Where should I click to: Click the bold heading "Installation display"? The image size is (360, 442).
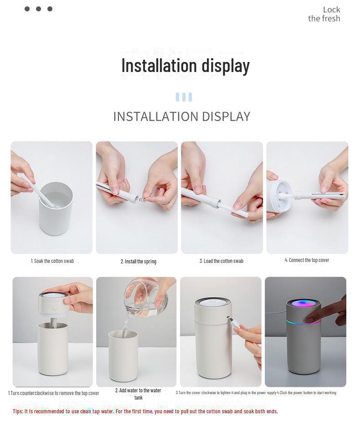[185, 66]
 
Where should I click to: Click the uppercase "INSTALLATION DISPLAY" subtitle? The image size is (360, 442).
[181, 117]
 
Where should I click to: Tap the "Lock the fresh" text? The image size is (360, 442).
[324, 14]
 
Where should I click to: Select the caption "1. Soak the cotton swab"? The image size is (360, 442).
[52, 261]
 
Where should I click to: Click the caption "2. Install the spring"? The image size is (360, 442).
[138, 262]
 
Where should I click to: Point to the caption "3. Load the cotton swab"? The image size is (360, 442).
[221, 261]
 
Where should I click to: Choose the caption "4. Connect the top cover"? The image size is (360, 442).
[307, 260]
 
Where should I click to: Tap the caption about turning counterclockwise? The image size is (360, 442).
[53, 393]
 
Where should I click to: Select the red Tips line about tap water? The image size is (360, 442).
[145, 411]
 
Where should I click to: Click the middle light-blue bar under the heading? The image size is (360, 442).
[184, 97]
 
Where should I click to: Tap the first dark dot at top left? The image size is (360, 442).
[27, 9]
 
